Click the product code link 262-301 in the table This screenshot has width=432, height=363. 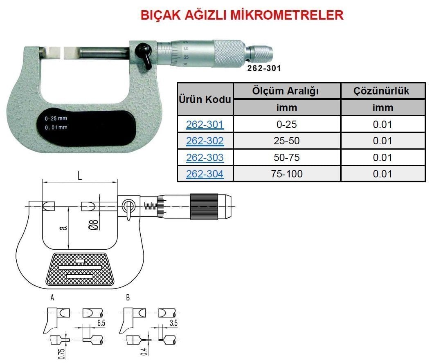(205, 124)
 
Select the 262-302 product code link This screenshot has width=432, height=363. (205, 141)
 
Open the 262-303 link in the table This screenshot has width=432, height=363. (205, 157)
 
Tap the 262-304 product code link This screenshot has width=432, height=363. (205, 174)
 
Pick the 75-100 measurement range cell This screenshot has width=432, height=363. (287, 174)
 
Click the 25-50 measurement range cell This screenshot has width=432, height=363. (287, 141)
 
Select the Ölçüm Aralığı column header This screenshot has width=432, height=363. (287, 91)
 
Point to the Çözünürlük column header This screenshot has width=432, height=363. (382, 91)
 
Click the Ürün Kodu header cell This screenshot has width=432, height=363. (205, 99)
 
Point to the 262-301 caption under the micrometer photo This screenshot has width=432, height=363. (264, 68)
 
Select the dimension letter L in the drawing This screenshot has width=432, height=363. (80, 176)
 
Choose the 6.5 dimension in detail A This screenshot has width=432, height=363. (101, 323)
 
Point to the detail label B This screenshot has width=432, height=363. (128, 298)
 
